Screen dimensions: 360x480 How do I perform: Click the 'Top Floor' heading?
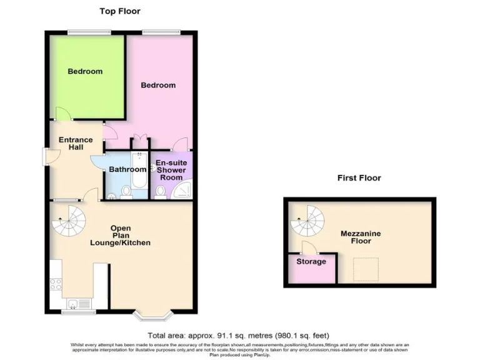[x=120, y=11]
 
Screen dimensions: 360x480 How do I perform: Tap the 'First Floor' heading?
[x=359, y=178]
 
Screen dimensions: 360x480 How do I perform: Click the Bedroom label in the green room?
[x=85, y=72]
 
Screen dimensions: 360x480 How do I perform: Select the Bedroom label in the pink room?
[x=157, y=86]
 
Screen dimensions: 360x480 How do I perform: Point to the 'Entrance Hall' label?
[x=76, y=144]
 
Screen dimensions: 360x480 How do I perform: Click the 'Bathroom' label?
[x=127, y=169]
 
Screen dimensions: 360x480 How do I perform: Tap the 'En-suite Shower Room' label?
[x=171, y=170]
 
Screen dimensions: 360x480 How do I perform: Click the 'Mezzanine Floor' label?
[x=361, y=237]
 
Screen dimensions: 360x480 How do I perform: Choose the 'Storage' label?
[x=311, y=262]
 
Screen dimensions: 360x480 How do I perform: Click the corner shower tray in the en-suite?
[x=186, y=190]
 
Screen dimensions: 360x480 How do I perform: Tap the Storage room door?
[x=307, y=247]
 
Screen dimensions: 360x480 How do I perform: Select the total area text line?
[x=238, y=336]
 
